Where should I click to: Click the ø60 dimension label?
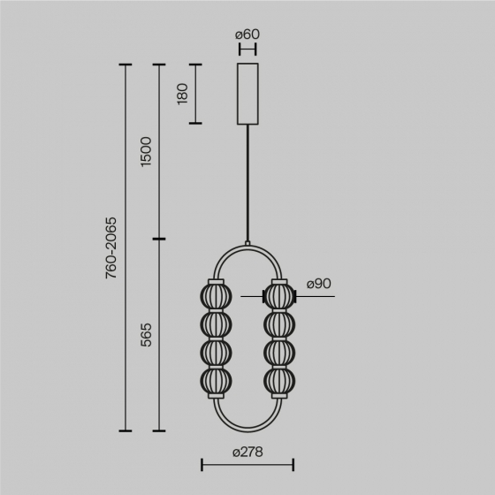pos(247,34)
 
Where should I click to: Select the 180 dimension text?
pos(183,94)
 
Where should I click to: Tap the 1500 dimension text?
pos(147,152)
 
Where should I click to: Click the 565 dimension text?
pos(147,335)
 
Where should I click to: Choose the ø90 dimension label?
pos(318,284)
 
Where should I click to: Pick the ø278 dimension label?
pos(247,452)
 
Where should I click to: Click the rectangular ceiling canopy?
pos(247,94)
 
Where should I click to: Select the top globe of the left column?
pos(215,295)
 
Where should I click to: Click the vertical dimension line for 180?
pos(194,94)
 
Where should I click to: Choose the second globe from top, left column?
pos(215,324)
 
